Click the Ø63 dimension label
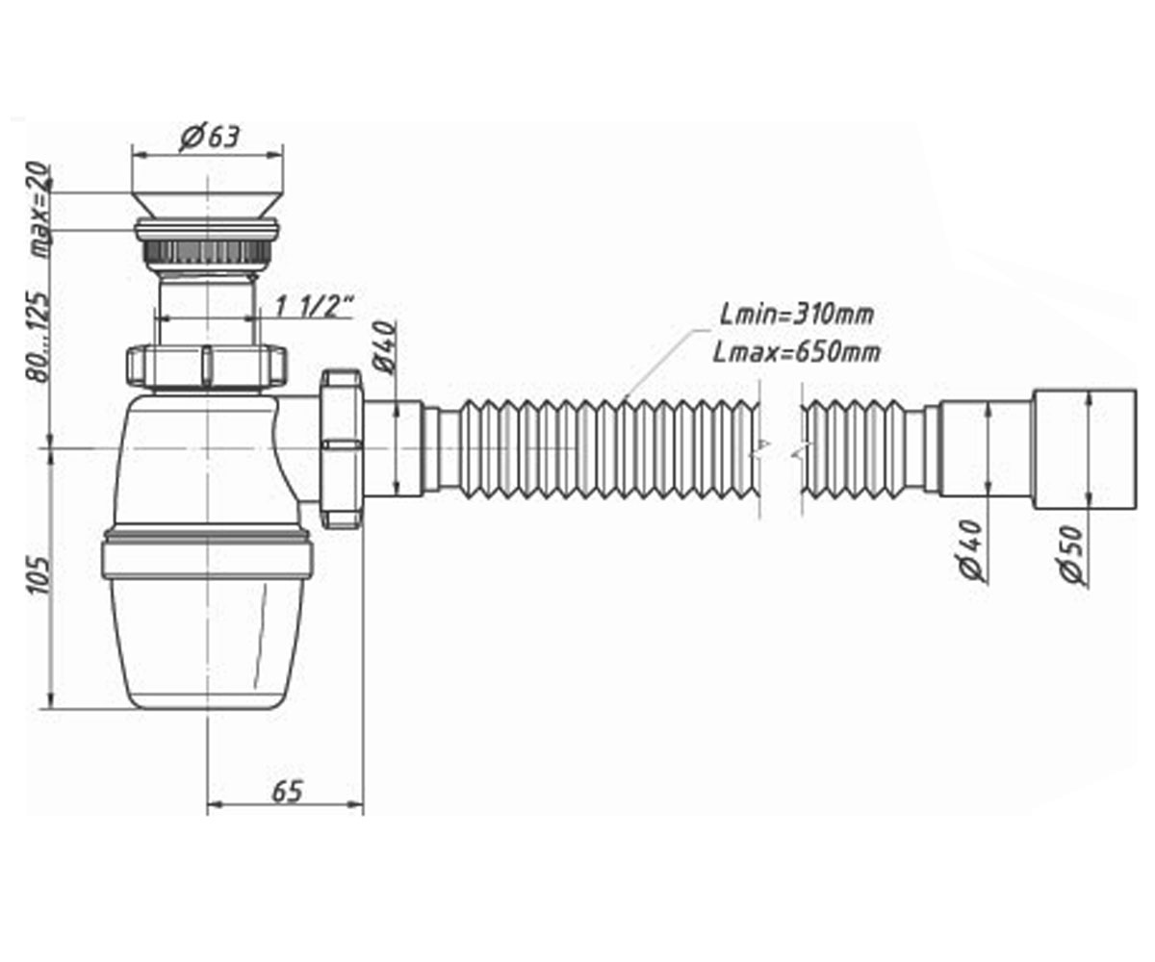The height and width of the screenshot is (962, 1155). point(210,137)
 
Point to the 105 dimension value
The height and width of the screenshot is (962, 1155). point(38,575)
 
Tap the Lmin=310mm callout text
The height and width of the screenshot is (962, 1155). point(797,316)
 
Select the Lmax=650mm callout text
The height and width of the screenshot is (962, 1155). point(797,352)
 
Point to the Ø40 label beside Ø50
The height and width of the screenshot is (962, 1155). point(972,550)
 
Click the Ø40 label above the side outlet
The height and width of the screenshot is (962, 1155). point(386,347)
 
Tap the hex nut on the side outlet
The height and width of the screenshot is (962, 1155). point(342,448)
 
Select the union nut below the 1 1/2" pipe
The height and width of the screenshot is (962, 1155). point(207,367)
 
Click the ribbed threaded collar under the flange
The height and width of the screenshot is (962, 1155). point(207,252)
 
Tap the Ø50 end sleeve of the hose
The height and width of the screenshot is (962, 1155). point(1085,449)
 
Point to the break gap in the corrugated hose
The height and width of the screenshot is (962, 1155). point(780,450)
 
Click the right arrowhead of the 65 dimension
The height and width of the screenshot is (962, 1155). point(356,804)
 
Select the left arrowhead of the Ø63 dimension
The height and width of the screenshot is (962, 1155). point(141,154)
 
